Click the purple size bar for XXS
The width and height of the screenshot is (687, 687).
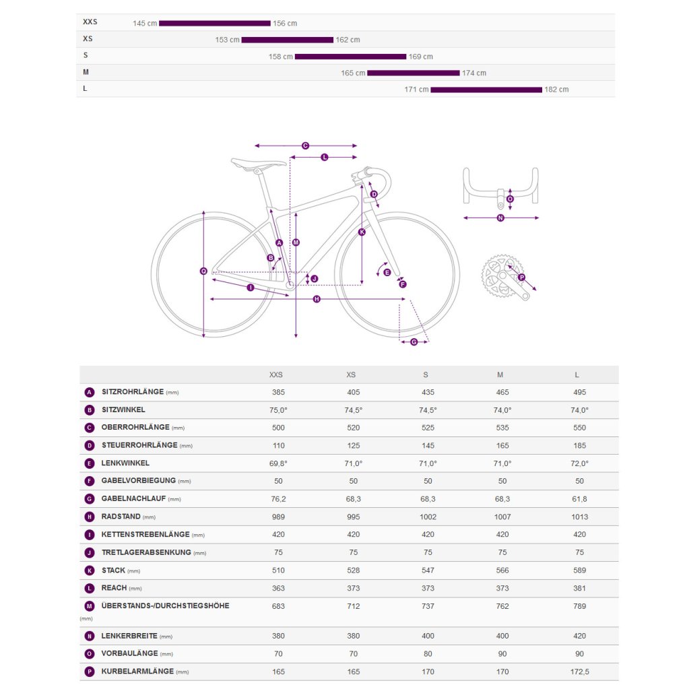pos(214,24)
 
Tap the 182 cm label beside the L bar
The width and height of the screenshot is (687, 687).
pos(556,90)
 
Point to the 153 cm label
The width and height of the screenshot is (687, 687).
pos(227,40)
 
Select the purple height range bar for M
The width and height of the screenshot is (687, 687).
pos(413,73)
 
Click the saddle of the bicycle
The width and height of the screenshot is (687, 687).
pos(259,163)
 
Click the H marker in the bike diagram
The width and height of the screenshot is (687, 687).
pos(317,299)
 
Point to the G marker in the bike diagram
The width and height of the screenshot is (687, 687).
pos(414,342)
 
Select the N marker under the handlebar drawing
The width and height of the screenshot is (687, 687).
pos(500,218)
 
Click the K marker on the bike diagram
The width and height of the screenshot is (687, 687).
pos(362,232)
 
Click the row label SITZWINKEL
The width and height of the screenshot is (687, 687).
pos(123,410)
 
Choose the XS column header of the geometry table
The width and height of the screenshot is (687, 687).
pos(351,374)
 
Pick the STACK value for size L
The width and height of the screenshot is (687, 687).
pos(579,570)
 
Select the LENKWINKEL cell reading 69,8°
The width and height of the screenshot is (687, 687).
pos(278,463)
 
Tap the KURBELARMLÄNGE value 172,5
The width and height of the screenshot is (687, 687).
pos(579,672)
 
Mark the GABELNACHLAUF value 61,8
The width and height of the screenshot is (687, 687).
pos(579,498)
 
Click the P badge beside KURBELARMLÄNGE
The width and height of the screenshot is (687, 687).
pos(90,672)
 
